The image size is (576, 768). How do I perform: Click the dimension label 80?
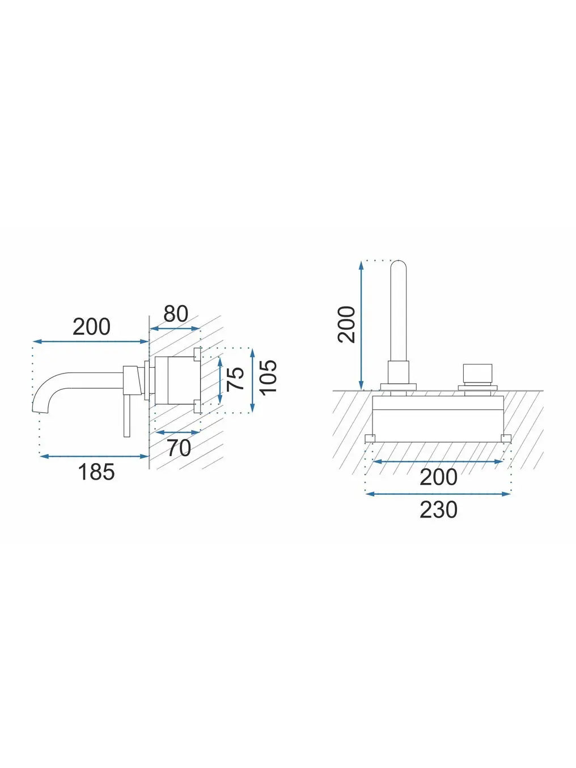pyautogui.click(x=176, y=313)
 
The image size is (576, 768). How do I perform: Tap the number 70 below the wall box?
pyautogui.click(x=179, y=448)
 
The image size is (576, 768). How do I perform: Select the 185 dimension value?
pyautogui.click(x=96, y=472)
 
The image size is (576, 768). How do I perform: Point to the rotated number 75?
pyautogui.click(x=235, y=379)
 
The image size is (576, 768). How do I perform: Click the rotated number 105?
pyautogui.click(x=268, y=376)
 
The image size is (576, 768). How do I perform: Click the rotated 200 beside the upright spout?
pyautogui.click(x=346, y=324)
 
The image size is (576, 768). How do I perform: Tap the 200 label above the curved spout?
pyautogui.click(x=91, y=326)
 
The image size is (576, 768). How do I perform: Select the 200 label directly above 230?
pyautogui.click(x=438, y=477)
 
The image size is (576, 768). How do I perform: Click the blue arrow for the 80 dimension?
pyautogui.click(x=175, y=329)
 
